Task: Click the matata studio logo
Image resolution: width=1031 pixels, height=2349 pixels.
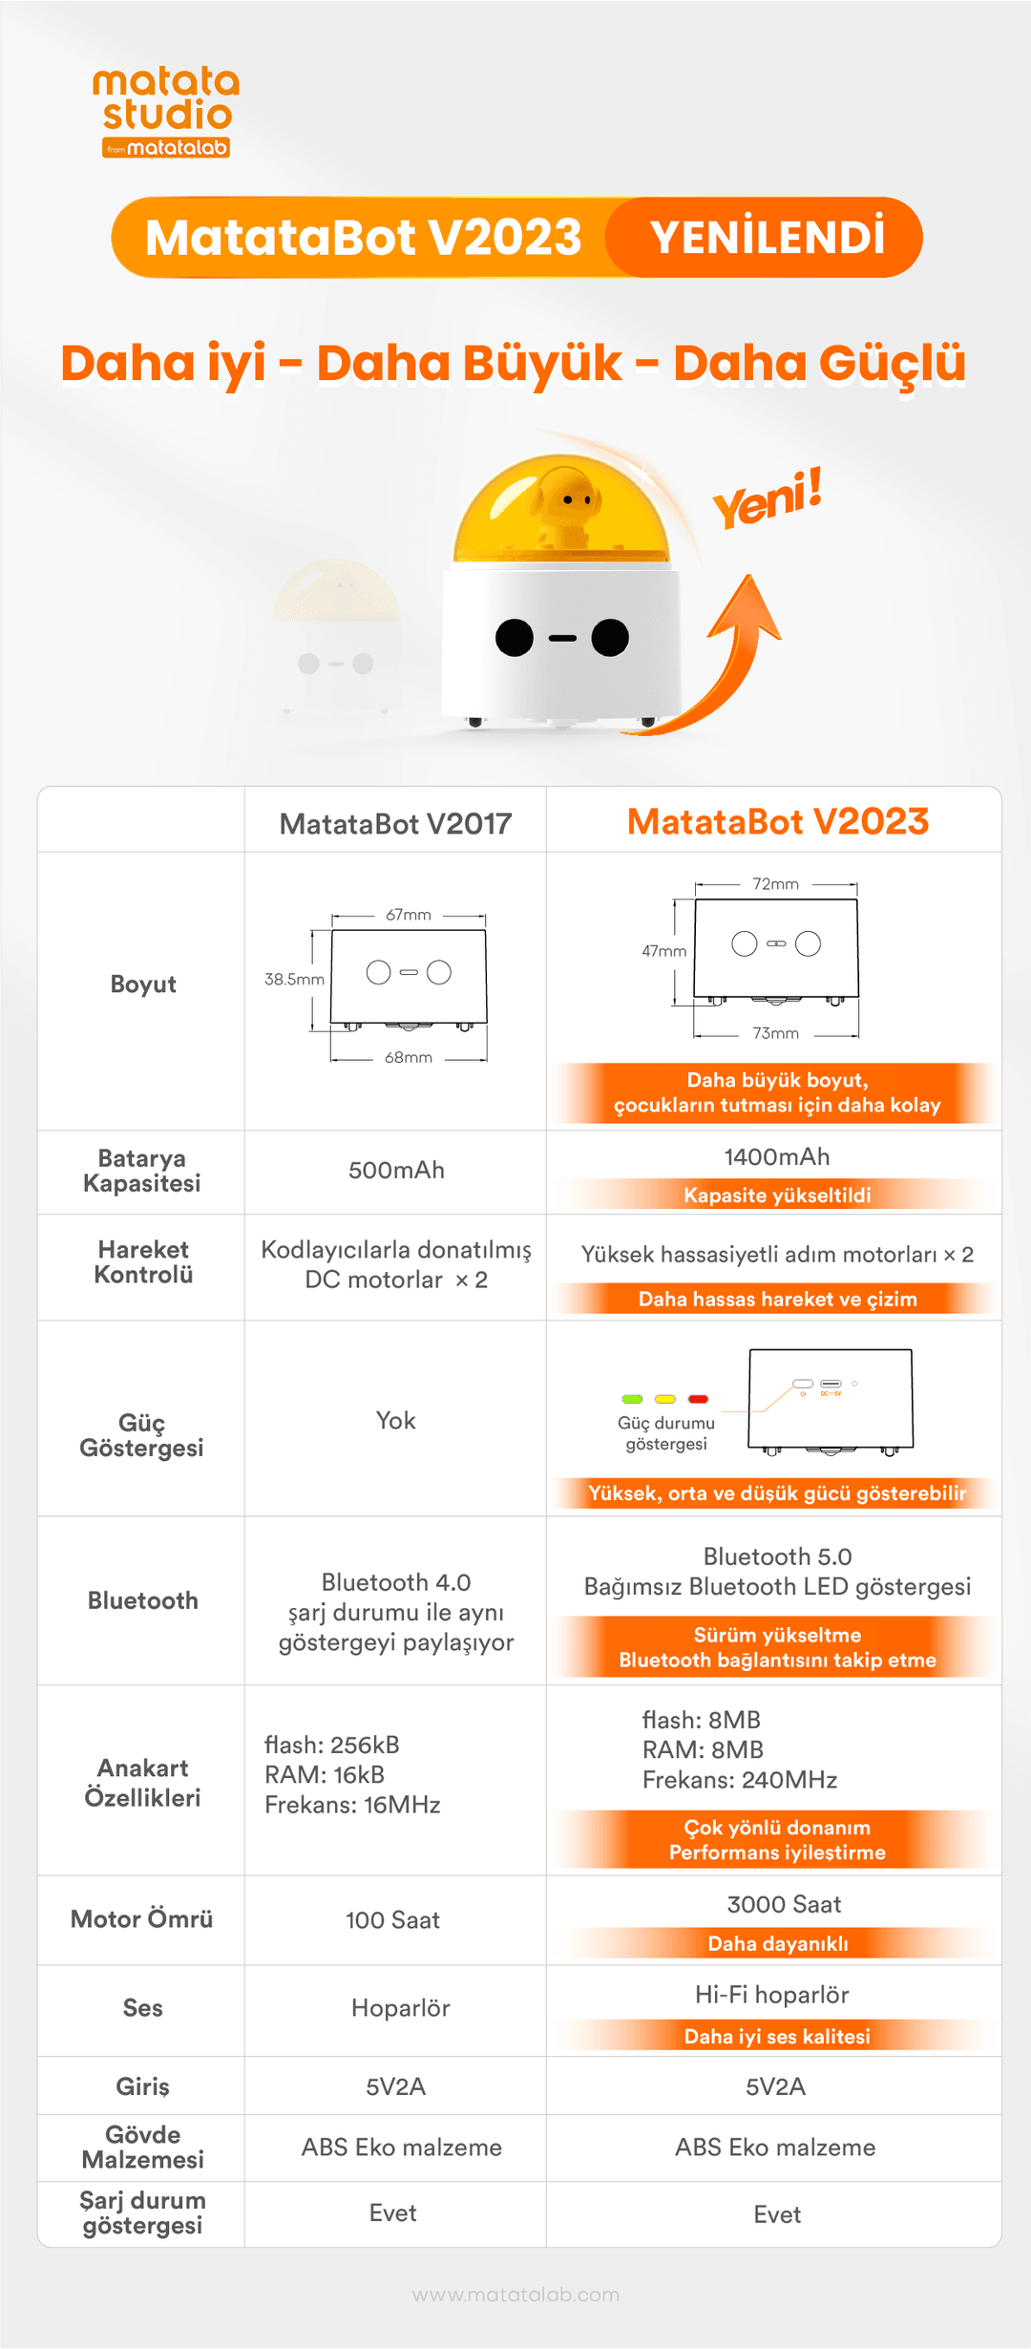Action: point(166,112)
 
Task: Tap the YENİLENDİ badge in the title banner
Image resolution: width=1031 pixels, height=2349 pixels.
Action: point(766,238)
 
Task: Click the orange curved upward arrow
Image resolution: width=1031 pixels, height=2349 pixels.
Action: point(721,659)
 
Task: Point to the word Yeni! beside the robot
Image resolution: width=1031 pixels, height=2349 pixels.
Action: point(768,498)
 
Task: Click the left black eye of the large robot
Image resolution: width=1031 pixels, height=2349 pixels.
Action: point(515,638)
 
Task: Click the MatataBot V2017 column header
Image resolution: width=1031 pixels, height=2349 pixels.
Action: point(395,823)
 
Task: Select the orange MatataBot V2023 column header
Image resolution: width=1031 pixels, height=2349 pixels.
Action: point(778,821)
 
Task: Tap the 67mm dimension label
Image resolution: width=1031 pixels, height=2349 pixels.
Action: point(409,915)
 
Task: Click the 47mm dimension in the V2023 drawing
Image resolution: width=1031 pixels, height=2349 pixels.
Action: point(664,951)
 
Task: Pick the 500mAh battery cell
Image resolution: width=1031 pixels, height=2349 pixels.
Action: point(396,1171)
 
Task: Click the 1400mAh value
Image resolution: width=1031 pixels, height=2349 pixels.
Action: point(777,1157)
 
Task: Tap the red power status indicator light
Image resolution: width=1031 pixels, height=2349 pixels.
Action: point(699,1399)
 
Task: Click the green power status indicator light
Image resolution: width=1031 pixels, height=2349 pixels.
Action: point(632,1399)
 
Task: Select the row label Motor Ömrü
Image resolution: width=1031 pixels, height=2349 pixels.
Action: point(142,1918)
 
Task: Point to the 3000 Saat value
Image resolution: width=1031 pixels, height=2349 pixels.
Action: point(784,1905)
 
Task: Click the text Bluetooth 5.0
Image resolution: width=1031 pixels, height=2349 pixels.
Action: point(777,1556)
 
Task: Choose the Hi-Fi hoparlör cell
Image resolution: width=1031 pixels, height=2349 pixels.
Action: point(771,1995)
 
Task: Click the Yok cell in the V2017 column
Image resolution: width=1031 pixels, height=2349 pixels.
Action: point(395,1421)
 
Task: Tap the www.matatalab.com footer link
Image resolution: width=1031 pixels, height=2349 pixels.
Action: point(515,2295)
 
